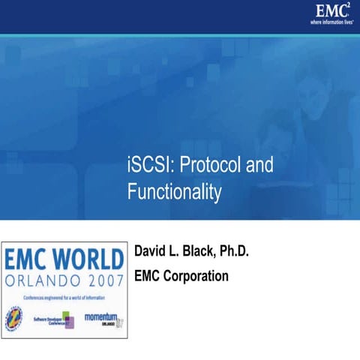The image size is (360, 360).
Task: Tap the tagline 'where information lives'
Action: [331, 22]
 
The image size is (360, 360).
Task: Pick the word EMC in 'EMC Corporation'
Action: [147, 275]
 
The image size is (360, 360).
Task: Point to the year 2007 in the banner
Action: [101, 283]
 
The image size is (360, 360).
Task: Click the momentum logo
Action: [102, 318]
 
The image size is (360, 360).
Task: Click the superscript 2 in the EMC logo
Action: [349, 5]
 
